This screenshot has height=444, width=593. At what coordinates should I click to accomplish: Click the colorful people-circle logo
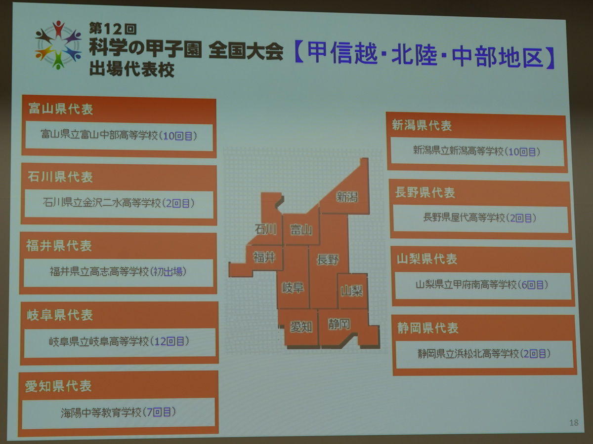(x=58, y=45)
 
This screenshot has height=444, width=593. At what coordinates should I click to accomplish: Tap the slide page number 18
(x=574, y=422)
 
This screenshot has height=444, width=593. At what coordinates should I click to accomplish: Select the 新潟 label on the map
(x=347, y=197)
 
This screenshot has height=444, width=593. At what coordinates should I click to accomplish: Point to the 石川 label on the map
(x=265, y=229)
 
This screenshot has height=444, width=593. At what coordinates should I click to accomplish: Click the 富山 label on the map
(x=301, y=230)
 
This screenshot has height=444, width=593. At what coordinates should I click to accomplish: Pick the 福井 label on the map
(x=264, y=257)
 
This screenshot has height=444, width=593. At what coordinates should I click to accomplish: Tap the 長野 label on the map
(x=328, y=259)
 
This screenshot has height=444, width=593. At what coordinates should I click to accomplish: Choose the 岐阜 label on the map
(x=293, y=288)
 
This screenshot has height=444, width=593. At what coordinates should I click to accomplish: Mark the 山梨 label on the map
(x=351, y=291)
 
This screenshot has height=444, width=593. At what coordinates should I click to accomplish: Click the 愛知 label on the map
(x=301, y=327)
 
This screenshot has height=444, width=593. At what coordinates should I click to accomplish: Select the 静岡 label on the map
(x=339, y=324)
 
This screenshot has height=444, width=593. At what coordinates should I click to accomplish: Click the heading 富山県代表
(x=61, y=109)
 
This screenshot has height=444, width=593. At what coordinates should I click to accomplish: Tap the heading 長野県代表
(x=424, y=192)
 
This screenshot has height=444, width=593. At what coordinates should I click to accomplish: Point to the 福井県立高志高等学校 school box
(x=118, y=273)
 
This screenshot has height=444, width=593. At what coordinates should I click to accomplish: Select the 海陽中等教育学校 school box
(x=118, y=413)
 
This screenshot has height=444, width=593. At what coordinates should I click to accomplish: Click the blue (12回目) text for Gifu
(x=169, y=341)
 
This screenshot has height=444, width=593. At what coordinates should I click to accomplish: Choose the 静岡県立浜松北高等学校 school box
(x=484, y=354)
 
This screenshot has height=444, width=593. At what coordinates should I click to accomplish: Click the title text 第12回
(x=113, y=29)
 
